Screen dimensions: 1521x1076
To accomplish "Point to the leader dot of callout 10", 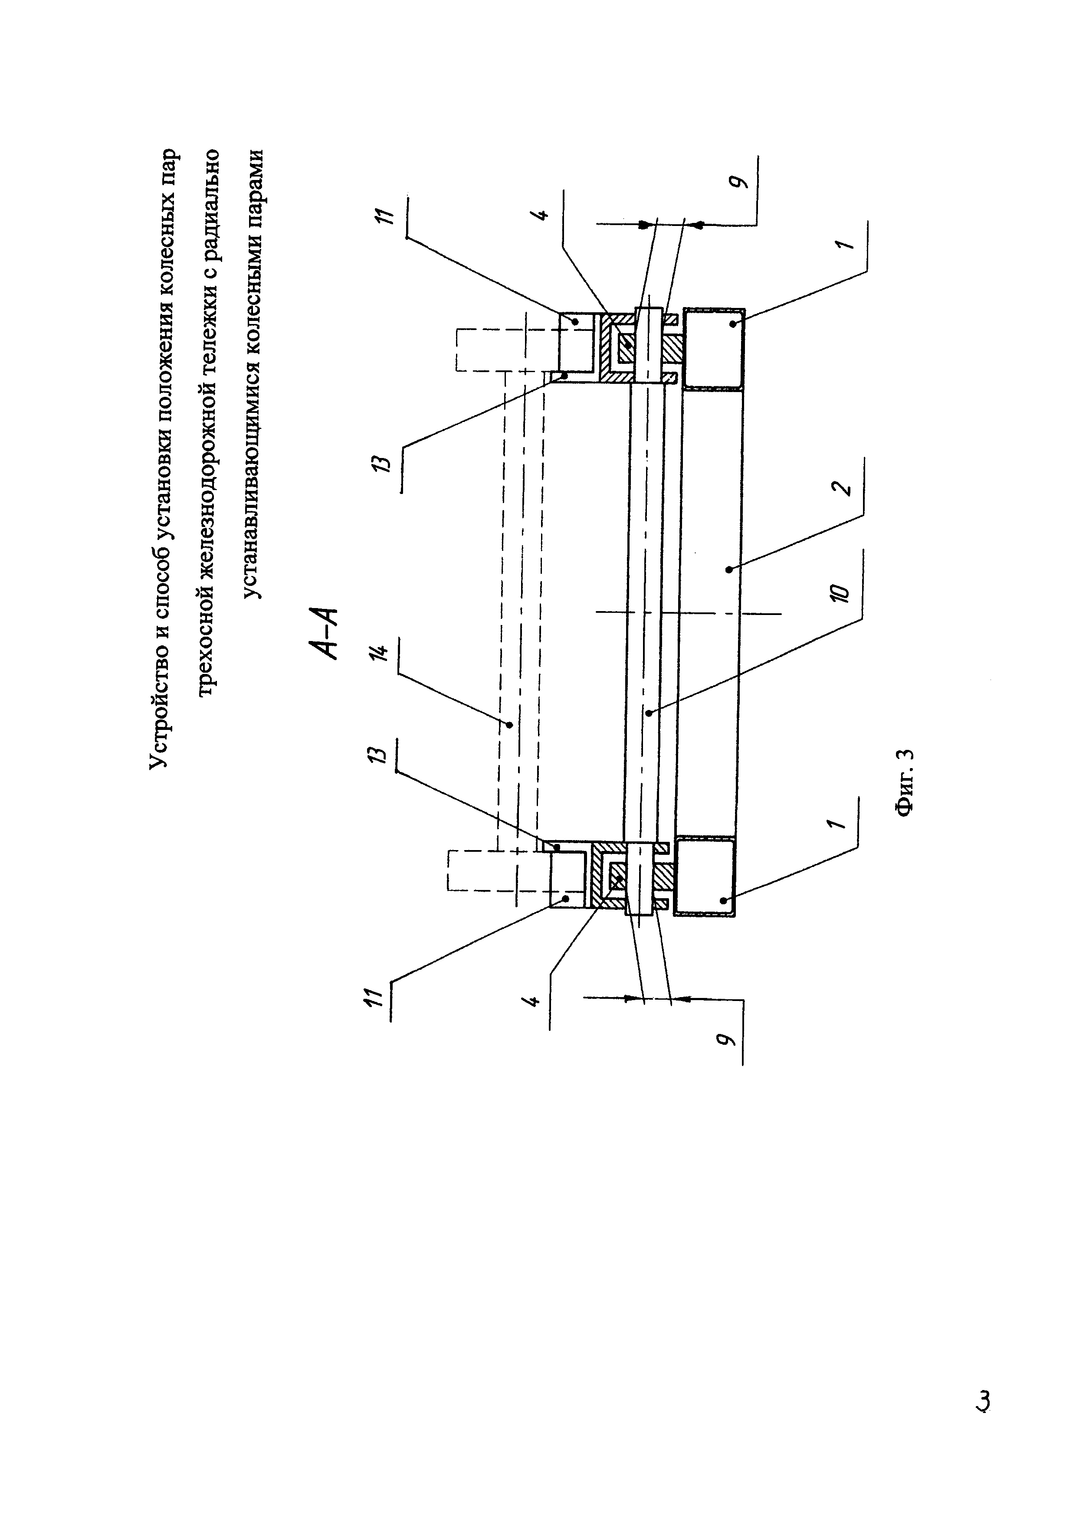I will coord(650,713).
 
